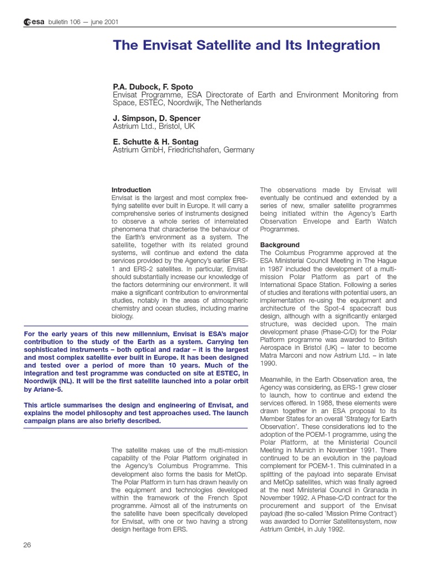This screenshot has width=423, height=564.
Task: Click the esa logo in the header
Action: [x=34, y=22]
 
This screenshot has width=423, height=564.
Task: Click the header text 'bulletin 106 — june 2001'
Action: [x=83, y=22]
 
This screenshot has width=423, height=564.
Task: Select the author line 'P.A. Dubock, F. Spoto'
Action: [x=153, y=86]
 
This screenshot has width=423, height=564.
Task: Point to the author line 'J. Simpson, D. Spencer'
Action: [x=156, y=118]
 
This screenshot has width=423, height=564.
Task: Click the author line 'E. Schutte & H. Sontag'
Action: [x=155, y=142]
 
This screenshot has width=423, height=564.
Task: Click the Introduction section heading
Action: [x=131, y=190]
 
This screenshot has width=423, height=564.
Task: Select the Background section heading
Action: [x=280, y=245]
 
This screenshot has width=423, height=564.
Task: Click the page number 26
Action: [x=27, y=545]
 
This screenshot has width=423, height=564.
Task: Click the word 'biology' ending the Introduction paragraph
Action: [x=122, y=317]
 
